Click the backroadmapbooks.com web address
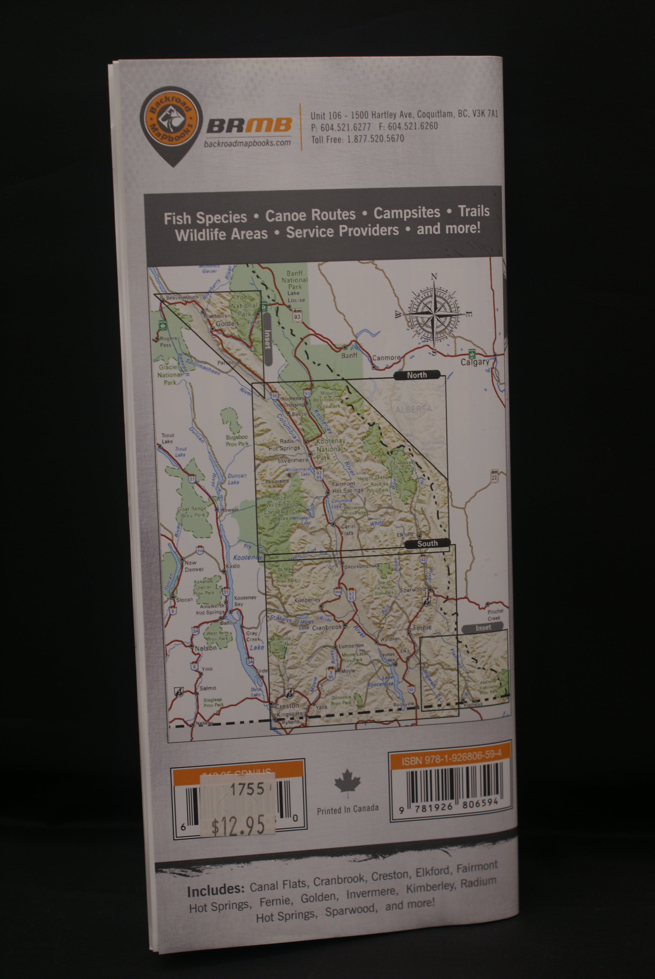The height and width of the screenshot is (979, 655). pyautogui.click(x=247, y=143)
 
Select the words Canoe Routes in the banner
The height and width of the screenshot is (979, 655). pyautogui.click(x=310, y=215)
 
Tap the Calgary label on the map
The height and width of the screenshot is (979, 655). pyautogui.click(x=475, y=362)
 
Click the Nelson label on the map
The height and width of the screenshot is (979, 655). pyautogui.click(x=205, y=648)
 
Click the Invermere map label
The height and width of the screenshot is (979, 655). pyautogui.click(x=293, y=460)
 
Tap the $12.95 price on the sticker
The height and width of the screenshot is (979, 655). pyautogui.click(x=238, y=825)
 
